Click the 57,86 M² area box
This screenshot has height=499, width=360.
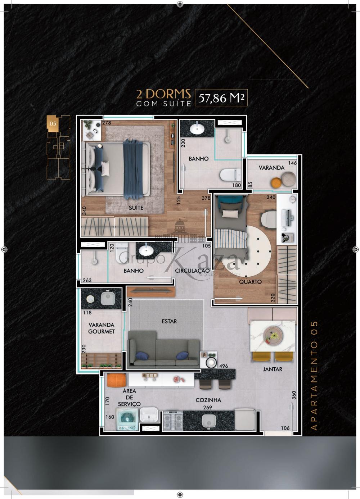(x=221, y=98)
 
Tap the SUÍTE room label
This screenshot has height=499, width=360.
(x=136, y=208)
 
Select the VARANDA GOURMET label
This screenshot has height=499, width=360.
(x=102, y=328)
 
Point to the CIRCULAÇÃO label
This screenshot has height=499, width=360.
(x=192, y=271)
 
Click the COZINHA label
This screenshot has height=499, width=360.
(x=208, y=400)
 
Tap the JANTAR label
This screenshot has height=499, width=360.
(x=273, y=369)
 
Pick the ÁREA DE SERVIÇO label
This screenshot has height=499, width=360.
(x=129, y=397)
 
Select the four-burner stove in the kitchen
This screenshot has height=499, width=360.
(x=173, y=421)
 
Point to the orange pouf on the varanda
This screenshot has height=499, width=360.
(x=276, y=183)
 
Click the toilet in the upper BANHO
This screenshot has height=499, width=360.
(x=230, y=174)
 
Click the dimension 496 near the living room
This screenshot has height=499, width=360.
(x=223, y=366)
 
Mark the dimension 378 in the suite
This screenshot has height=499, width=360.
(x=206, y=198)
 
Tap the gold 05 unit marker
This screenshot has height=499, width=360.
(x=53, y=123)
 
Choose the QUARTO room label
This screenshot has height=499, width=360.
(x=250, y=282)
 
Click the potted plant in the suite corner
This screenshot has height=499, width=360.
(x=88, y=125)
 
